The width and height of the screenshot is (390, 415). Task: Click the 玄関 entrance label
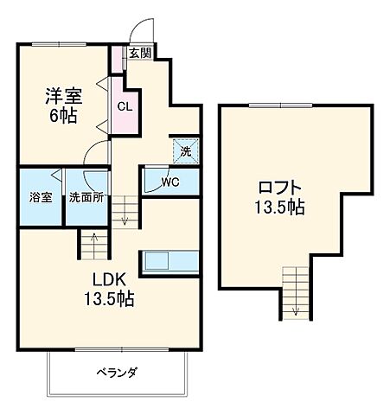[x=140, y=53]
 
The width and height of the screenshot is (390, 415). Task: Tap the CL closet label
[x=124, y=108]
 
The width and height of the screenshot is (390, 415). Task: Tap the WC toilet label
[x=169, y=182]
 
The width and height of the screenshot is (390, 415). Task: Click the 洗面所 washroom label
[x=86, y=197]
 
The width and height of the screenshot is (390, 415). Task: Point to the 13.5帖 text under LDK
[x=109, y=299]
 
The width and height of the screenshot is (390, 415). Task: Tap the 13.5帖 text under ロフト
[x=279, y=207]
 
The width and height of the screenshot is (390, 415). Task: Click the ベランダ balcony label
[x=117, y=373]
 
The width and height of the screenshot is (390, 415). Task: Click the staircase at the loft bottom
[x=295, y=294]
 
